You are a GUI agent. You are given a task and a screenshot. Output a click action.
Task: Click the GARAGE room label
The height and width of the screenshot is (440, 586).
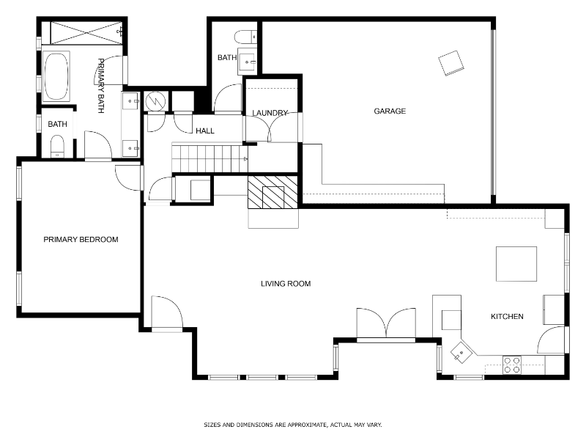pyautogui.click(x=390, y=111)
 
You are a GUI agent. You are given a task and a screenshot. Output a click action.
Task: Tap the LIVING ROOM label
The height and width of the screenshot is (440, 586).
pyautogui.click(x=286, y=284)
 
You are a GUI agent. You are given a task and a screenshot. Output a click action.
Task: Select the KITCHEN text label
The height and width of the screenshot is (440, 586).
pyautogui.click(x=507, y=317)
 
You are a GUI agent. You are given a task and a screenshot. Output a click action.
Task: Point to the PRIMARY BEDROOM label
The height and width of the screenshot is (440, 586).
pyautogui.click(x=81, y=240)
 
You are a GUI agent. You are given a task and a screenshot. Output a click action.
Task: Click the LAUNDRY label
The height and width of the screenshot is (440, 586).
pyautogui.click(x=270, y=113)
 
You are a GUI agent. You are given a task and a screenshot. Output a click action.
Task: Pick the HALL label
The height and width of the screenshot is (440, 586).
pyautogui.click(x=205, y=131)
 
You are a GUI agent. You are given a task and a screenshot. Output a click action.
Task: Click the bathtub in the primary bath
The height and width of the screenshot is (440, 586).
pyautogui.click(x=56, y=76)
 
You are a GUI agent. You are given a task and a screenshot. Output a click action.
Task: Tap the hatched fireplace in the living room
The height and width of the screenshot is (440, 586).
pyautogui.click(x=273, y=194)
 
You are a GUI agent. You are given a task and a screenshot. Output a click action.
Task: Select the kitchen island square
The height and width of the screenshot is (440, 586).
pyautogui.click(x=516, y=264)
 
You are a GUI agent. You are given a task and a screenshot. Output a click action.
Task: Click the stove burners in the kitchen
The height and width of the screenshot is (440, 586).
pyautogui.click(x=512, y=364)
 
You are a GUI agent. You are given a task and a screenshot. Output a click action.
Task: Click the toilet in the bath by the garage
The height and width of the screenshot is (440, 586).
pyautogui.click(x=245, y=35)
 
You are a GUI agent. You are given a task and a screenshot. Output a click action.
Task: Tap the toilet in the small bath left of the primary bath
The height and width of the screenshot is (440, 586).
pyautogui.click(x=57, y=149)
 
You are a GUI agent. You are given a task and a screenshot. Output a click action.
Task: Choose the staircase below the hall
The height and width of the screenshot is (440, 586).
pyautogui.click(x=209, y=158)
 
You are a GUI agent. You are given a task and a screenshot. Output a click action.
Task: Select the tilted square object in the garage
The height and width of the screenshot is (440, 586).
pyautogui.click(x=450, y=62)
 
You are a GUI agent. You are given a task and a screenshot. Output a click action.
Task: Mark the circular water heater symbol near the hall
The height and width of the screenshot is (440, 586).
pyautogui.click(x=156, y=101)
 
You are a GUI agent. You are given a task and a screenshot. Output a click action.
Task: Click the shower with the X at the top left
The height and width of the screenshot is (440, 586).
pyautogui.click(x=83, y=33)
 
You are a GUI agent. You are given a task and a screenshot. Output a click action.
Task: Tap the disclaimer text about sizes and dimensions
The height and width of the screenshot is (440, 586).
pyautogui.click(x=293, y=425)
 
